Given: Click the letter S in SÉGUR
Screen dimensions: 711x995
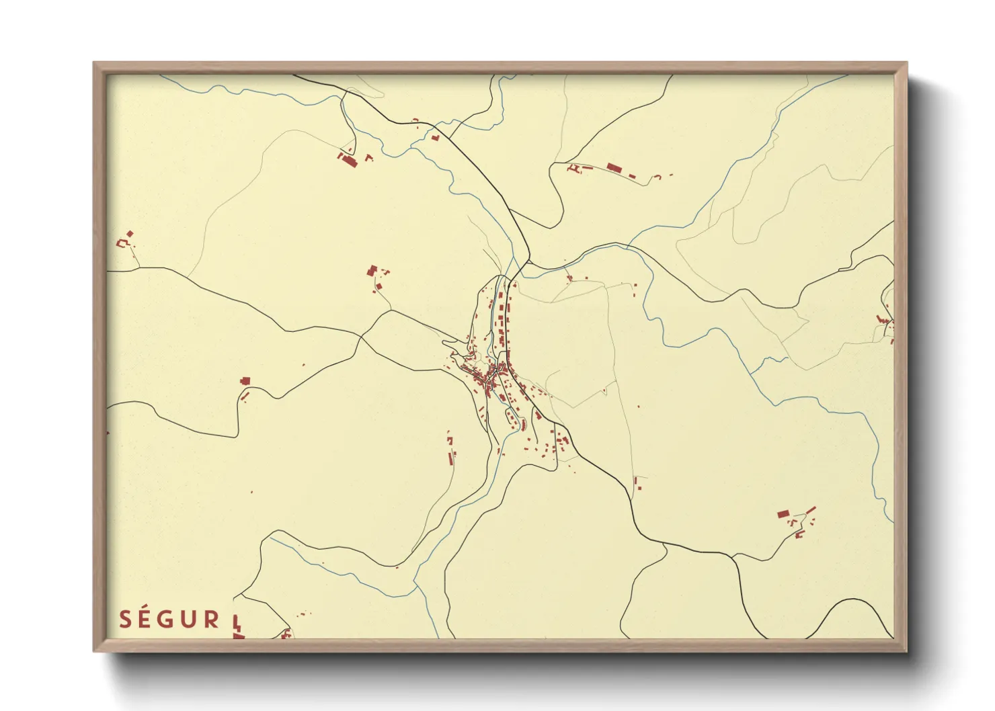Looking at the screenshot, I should [x=125, y=619].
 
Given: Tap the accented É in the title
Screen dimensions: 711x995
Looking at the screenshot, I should [x=146, y=618].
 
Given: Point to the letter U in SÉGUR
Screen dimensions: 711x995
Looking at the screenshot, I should [x=190, y=619].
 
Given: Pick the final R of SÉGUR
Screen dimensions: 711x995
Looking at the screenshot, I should [x=212, y=619].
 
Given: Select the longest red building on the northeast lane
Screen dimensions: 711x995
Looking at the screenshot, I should [x=612, y=167].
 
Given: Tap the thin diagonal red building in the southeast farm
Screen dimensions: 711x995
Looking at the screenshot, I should [x=810, y=511].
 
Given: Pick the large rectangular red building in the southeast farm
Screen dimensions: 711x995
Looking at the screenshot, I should [x=783, y=514].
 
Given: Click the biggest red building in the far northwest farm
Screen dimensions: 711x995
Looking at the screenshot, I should [x=350, y=161].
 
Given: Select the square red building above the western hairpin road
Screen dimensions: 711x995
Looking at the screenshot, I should [x=245, y=381].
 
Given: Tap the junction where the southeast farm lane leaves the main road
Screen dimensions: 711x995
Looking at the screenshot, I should [x=733, y=556].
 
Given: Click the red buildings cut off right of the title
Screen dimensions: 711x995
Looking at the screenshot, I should [x=237, y=628].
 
